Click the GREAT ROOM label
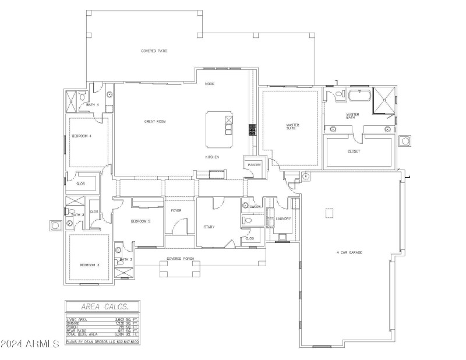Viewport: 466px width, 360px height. (x=156, y=122)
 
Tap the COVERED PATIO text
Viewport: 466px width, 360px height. (x=154, y=51)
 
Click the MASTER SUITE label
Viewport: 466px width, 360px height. (x=292, y=126)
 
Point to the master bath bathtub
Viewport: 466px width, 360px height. (x=357, y=94)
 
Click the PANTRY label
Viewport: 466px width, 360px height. (x=254, y=165)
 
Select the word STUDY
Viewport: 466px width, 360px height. (x=210, y=227)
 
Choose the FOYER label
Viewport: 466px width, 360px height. (x=176, y=211)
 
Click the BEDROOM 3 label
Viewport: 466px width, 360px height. (x=90, y=265)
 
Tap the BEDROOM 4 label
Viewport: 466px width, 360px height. (x=82, y=136)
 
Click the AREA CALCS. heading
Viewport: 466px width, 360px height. (x=102, y=306)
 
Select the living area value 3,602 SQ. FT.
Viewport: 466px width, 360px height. (x=127, y=319)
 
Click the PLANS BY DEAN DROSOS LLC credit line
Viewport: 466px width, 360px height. (x=102, y=342)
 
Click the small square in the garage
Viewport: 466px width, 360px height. (x=330, y=213)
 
